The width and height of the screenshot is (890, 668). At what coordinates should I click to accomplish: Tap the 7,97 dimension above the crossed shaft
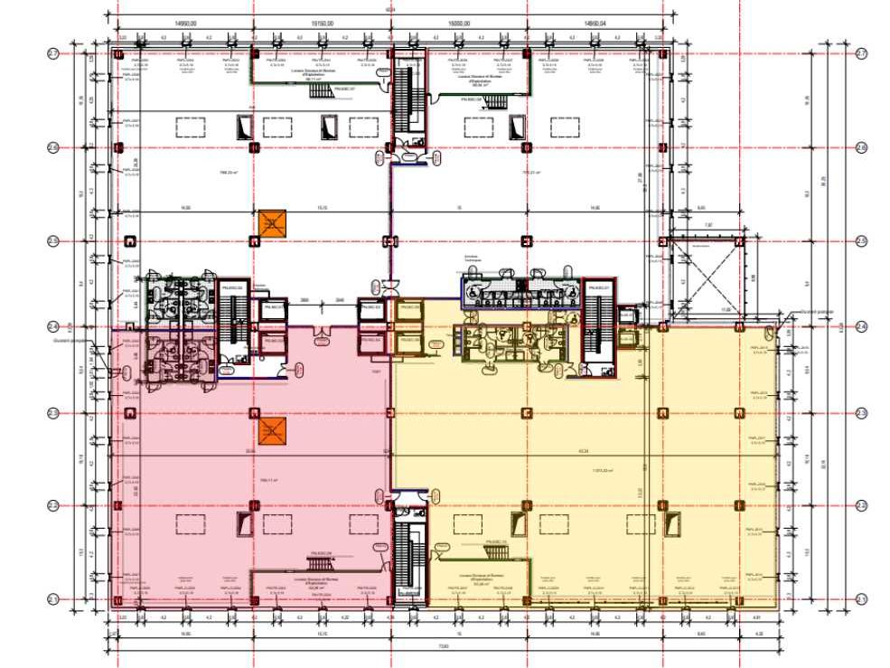click(x=707, y=224)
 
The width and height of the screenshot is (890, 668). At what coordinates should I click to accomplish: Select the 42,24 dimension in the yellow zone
click(x=583, y=451)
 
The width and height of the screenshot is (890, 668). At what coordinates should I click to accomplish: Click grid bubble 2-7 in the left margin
click(x=54, y=54)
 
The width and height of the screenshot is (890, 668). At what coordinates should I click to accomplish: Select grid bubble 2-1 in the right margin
click(x=861, y=599)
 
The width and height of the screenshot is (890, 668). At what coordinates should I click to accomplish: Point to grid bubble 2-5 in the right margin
click(x=861, y=240)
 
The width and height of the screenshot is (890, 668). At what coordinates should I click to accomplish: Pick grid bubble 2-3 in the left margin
click(x=54, y=413)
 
